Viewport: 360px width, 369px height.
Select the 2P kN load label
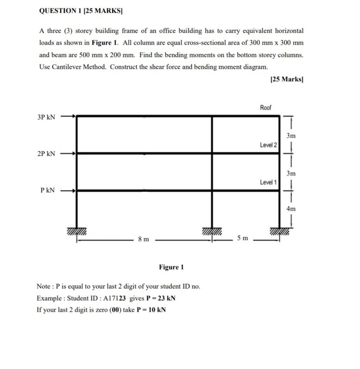46,154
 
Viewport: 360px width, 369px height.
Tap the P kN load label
47,190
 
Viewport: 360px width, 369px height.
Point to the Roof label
265,108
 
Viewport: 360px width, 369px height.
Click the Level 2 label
268,145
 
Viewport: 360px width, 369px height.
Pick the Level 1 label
268,182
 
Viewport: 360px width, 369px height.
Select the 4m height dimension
291,209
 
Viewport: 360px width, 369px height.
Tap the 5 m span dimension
242,239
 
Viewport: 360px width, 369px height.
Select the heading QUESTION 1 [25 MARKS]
81,11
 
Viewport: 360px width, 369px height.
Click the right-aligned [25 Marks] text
287,79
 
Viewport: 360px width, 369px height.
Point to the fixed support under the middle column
212,231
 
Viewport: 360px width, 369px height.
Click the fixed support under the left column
77,231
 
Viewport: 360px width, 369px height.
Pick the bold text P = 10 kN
151,310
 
